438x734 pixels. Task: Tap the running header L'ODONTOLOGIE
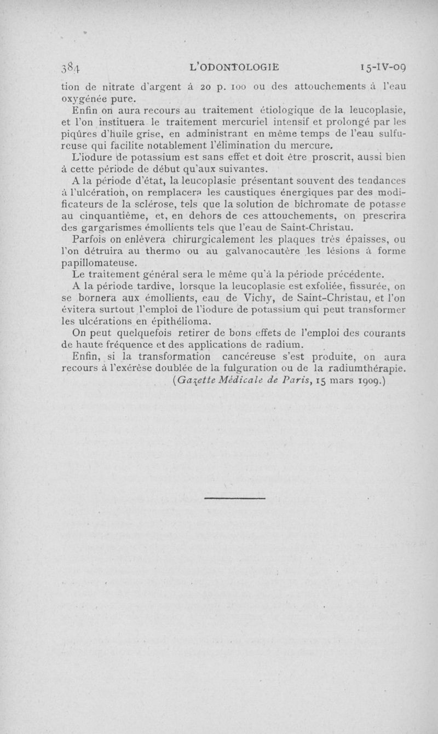(x=234, y=67)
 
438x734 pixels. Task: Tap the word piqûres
(x=76, y=136)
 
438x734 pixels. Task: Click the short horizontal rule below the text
(x=234, y=498)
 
